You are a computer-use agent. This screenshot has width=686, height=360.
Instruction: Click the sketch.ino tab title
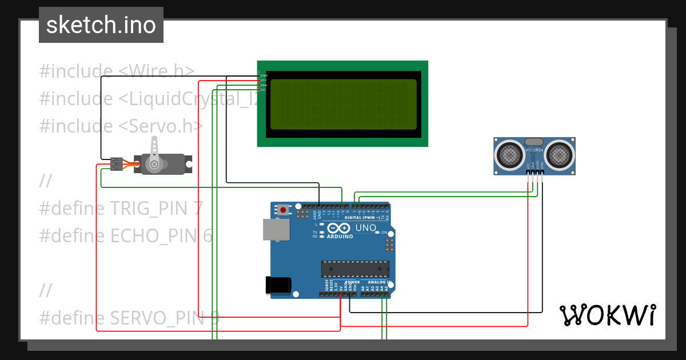point(101,25)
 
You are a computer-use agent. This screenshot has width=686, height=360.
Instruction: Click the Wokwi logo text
point(607,315)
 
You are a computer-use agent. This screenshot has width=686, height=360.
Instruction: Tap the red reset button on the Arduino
point(283,210)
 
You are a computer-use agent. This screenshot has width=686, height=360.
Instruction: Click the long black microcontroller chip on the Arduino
point(355,269)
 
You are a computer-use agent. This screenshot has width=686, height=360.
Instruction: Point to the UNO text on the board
point(366,228)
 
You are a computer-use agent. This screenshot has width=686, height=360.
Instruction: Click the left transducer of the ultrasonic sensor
point(509,154)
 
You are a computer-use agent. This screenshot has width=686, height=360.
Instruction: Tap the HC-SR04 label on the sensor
point(534,150)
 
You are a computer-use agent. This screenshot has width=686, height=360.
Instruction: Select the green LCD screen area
point(343,104)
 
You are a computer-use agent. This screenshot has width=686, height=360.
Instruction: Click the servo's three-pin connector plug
point(117,164)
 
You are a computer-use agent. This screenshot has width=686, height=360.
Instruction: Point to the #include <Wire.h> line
point(117,71)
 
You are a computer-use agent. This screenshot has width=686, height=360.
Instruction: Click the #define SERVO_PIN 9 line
point(129,318)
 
